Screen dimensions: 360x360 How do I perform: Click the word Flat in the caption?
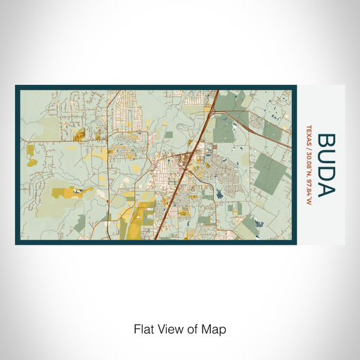[144, 328]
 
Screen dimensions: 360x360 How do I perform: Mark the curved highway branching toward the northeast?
[260, 127]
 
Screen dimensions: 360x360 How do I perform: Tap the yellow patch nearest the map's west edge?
[30, 150]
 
